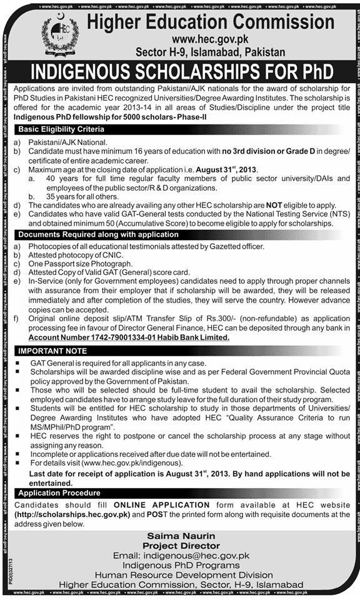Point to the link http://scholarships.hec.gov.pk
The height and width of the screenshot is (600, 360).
click(76, 514)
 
